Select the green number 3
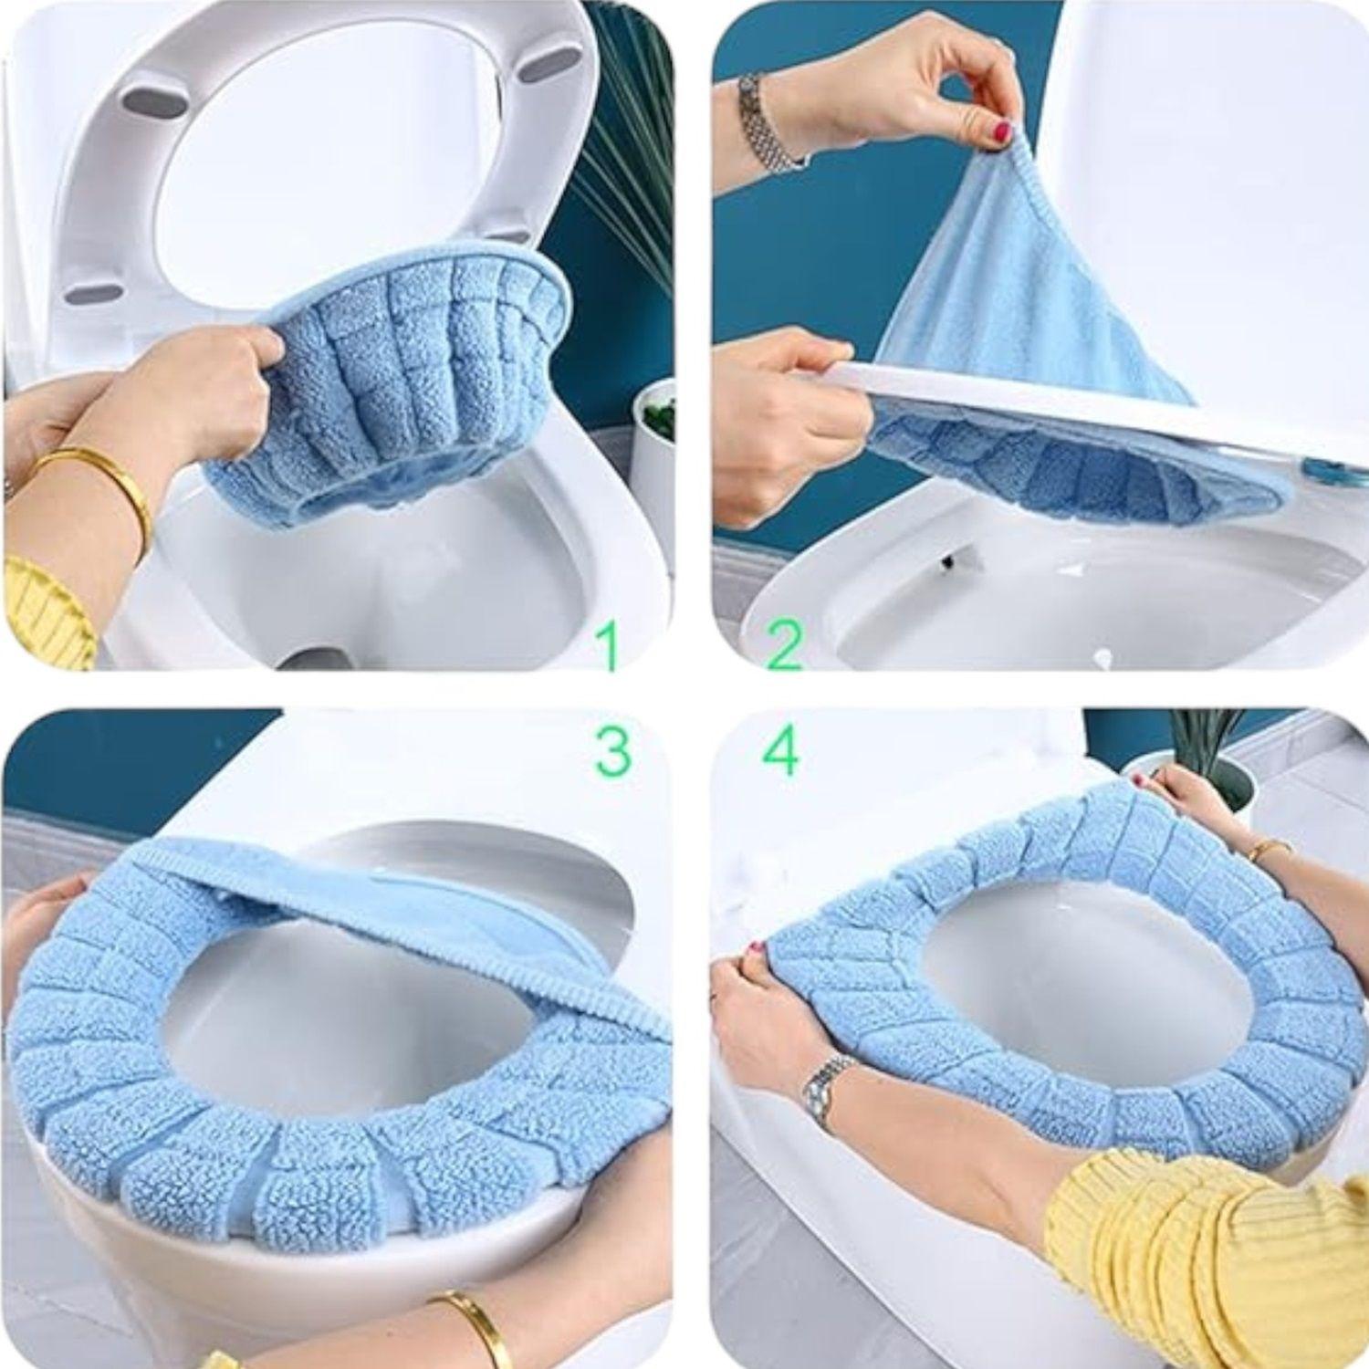pyautogui.click(x=611, y=750)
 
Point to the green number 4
pyautogui.click(x=780, y=751)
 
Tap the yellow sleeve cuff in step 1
pyautogui.click(x=46, y=607)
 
